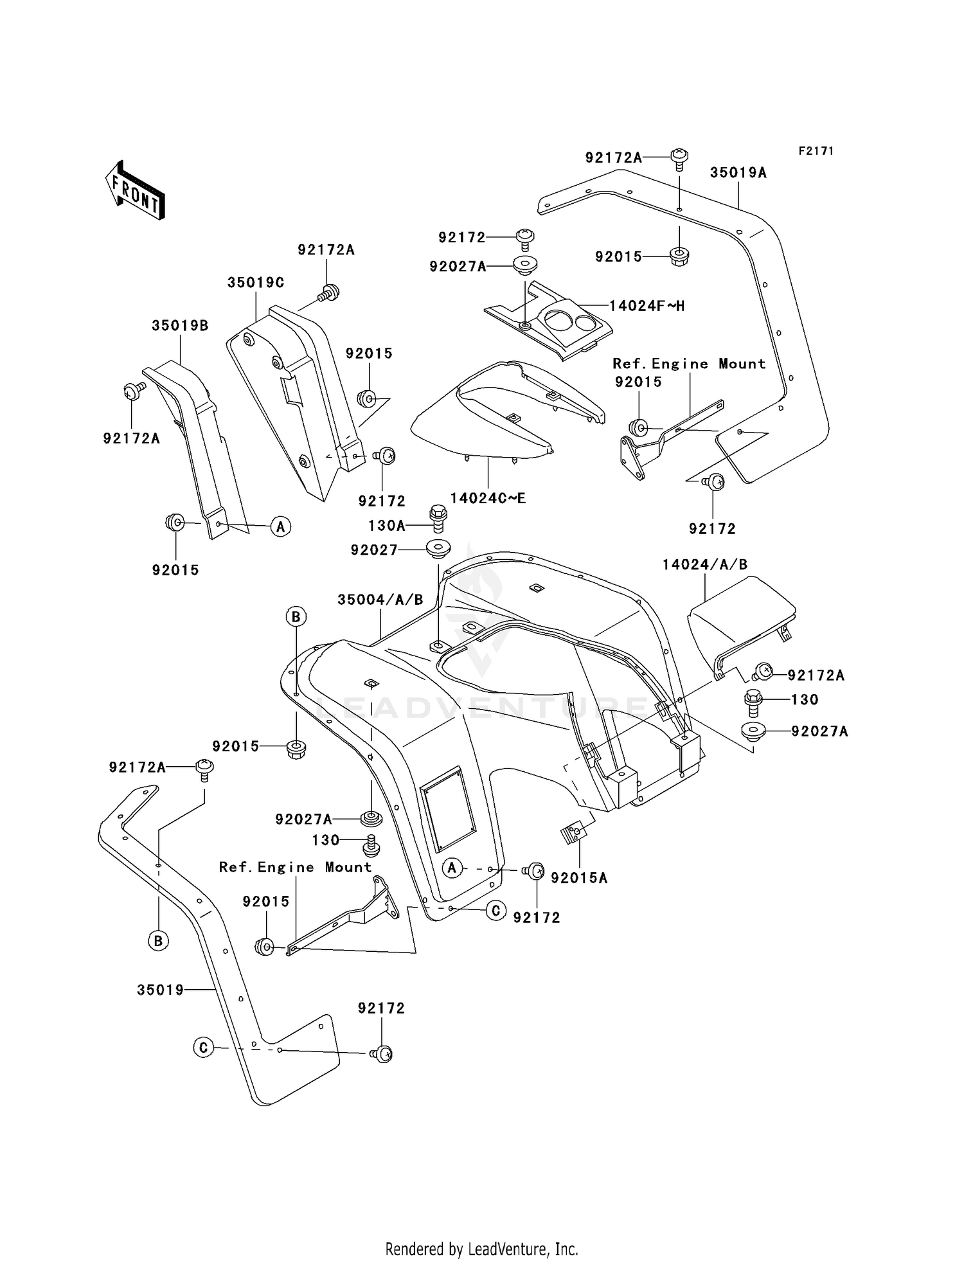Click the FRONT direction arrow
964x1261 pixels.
tap(136, 192)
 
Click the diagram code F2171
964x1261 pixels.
tap(816, 151)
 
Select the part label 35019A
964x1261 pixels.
tap(738, 173)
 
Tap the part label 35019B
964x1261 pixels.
tap(180, 326)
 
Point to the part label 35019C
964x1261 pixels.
tap(255, 283)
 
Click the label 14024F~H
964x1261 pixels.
tap(647, 306)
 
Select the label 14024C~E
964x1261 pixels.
tap(488, 498)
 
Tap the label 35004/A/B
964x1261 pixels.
tap(380, 600)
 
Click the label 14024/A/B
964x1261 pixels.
tap(705, 564)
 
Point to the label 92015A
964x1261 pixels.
tap(579, 878)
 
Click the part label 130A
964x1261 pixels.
tap(387, 526)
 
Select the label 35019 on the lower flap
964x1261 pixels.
tap(160, 990)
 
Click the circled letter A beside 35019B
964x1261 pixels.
tap(280, 527)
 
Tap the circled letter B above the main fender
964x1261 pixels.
tap(296, 617)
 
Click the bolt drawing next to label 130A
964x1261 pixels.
tap(438, 518)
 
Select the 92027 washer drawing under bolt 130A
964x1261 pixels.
tap(438, 550)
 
